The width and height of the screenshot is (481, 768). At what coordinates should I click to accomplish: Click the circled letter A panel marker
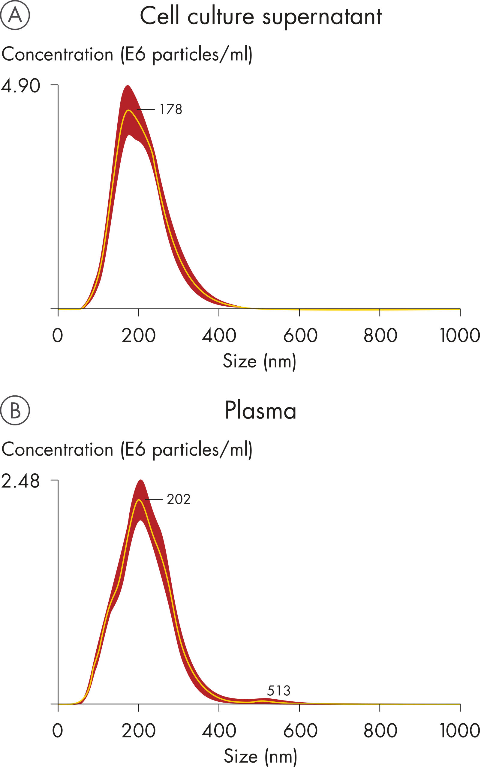(x=15, y=15)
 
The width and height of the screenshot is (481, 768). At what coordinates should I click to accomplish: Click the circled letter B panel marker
(x=15, y=410)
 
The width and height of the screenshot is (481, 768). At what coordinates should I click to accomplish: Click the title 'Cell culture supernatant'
(x=260, y=16)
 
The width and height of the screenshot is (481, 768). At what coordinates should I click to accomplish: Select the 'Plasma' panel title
(x=260, y=411)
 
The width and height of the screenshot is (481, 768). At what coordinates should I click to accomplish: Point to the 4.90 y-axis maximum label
(x=21, y=86)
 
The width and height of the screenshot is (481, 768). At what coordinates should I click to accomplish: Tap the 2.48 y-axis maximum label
(x=21, y=481)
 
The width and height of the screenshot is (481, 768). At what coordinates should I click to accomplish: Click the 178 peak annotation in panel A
(x=171, y=109)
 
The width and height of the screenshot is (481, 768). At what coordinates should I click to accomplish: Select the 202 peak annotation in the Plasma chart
(x=179, y=499)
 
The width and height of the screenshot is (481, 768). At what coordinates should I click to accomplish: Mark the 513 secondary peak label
(x=278, y=691)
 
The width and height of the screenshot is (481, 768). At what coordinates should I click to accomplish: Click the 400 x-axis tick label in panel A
(x=219, y=335)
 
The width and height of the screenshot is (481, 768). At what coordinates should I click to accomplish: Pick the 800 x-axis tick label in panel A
(x=380, y=335)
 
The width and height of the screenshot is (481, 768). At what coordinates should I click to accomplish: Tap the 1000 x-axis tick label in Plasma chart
(x=459, y=730)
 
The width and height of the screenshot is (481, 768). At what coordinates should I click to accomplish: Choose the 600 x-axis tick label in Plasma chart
(x=300, y=730)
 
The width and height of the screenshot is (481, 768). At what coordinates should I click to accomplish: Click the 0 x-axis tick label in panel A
(x=58, y=335)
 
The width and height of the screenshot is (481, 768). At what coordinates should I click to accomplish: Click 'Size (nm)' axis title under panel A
(x=260, y=361)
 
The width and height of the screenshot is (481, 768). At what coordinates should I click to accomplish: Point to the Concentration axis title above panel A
(x=127, y=54)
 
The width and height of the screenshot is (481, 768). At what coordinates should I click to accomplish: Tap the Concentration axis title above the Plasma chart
(x=127, y=450)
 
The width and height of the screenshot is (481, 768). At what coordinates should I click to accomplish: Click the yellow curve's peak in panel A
(x=128, y=110)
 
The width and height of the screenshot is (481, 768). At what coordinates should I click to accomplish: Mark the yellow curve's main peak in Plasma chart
(x=139, y=500)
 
